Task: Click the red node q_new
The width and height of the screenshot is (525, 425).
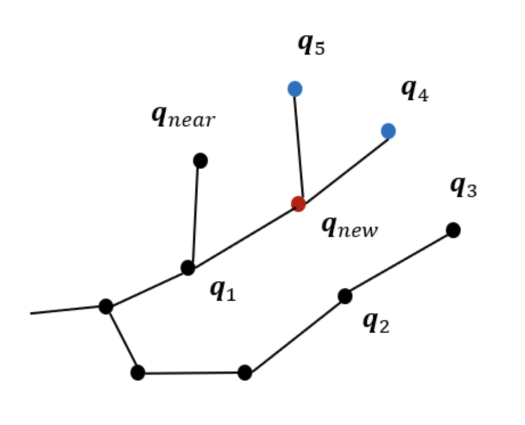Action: click(x=298, y=203)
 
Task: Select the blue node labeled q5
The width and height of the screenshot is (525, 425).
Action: click(x=295, y=89)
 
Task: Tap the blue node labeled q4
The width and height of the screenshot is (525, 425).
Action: click(x=388, y=131)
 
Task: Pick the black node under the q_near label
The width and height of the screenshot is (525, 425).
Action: click(x=200, y=161)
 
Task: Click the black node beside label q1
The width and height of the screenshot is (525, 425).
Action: click(x=188, y=267)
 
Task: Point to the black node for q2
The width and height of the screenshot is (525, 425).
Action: click(x=345, y=296)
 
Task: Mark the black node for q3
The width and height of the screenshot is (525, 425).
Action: click(x=453, y=230)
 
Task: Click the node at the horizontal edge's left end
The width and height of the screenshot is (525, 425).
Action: click(x=138, y=373)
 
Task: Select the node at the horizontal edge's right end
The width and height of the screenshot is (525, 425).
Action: click(x=245, y=373)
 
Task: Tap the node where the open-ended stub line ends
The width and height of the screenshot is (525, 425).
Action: click(x=106, y=307)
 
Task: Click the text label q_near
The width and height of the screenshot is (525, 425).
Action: click(x=183, y=117)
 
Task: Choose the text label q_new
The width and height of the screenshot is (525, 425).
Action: click(x=349, y=227)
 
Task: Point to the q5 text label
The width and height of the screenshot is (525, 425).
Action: click(x=311, y=44)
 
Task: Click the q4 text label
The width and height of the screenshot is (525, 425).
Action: click(x=415, y=90)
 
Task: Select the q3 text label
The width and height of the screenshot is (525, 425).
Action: click(x=463, y=186)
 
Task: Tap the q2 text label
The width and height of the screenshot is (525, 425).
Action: click(x=376, y=322)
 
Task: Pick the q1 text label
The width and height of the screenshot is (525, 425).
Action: click(x=223, y=291)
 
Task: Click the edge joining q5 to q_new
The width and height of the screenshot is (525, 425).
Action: click(x=299, y=146)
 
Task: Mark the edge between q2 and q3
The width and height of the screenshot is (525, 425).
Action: click(x=399, y=263)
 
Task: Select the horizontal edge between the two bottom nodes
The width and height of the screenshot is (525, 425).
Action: click(x=191, y=373)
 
